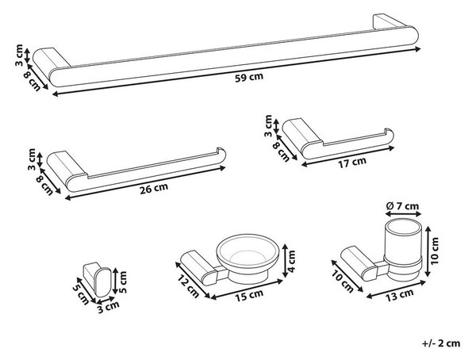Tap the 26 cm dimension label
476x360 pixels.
(x=154, y=189)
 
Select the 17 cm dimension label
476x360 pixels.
(x=352, y=162)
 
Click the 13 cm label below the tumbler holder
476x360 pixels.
(x=400, y=294)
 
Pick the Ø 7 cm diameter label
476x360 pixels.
(x=402, y=206)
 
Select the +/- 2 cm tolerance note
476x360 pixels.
(x=441, y=343)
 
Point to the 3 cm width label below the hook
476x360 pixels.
(x=108, y=307)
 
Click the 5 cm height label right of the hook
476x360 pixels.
(x=122, y=281)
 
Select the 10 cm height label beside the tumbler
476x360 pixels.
(x=435, y=251)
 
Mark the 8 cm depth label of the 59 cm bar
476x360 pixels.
(x=33, y=80)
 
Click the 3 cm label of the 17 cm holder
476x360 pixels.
(x=268, y=125)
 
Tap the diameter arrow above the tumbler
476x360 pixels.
(x=403, y=214)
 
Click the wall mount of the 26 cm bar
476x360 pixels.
(x=67, y=166)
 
